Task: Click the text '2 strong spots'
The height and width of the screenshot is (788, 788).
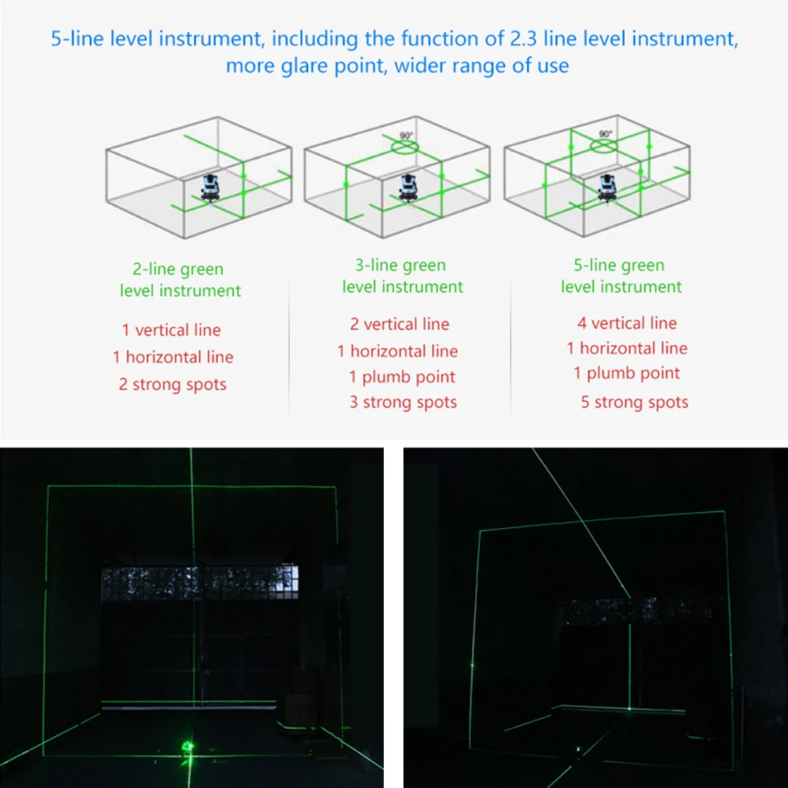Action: point(173,385)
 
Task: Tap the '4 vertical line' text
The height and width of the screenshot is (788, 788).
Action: point(627,323)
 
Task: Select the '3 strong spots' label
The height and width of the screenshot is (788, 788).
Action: point(403,402)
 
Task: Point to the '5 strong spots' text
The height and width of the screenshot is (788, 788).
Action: point(634,402)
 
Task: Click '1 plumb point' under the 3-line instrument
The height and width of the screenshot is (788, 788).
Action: point(402,377)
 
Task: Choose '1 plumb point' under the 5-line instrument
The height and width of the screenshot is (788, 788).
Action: point(626,373)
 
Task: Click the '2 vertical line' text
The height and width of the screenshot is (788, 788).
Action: point(400,324)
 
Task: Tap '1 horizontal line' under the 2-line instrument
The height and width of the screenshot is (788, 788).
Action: point(173,357)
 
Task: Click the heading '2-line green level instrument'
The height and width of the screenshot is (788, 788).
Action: point(180,280)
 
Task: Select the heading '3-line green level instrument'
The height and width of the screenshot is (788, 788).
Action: point(402,276)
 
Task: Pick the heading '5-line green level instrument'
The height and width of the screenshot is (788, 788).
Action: point(621,276)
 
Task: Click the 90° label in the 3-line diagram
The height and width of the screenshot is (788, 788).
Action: point(406,136)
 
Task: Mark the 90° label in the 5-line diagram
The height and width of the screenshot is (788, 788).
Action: point(605,134)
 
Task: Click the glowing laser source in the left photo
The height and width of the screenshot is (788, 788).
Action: point(188,746)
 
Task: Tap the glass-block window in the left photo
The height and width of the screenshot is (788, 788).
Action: point(200,583)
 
